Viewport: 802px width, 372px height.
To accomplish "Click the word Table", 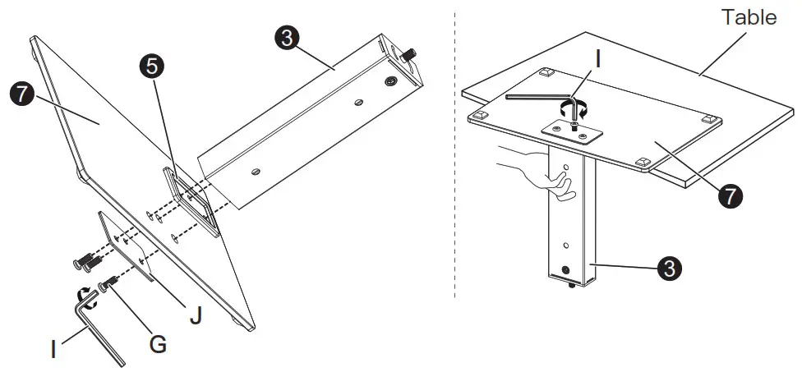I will coord(749,17).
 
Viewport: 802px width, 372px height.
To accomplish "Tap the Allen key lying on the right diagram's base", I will coord(534,97).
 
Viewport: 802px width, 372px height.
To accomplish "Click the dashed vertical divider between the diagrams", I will coord(454,164).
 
